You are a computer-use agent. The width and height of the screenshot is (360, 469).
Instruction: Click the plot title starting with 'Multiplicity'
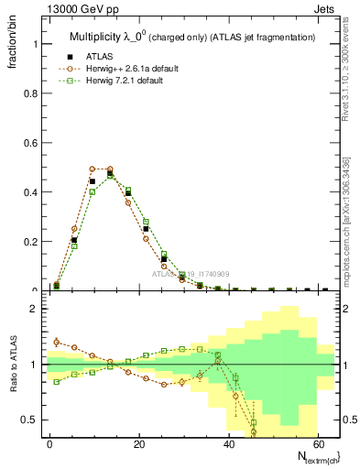click(x=191, y=37)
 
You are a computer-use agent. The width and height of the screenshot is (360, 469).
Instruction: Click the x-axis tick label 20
click(x=139, y=444)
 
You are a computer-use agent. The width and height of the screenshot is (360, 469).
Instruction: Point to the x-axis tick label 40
click(x=229, y=444)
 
